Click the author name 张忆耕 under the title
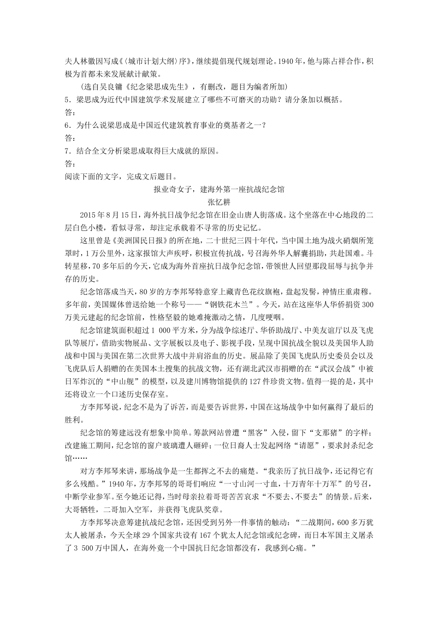219,202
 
